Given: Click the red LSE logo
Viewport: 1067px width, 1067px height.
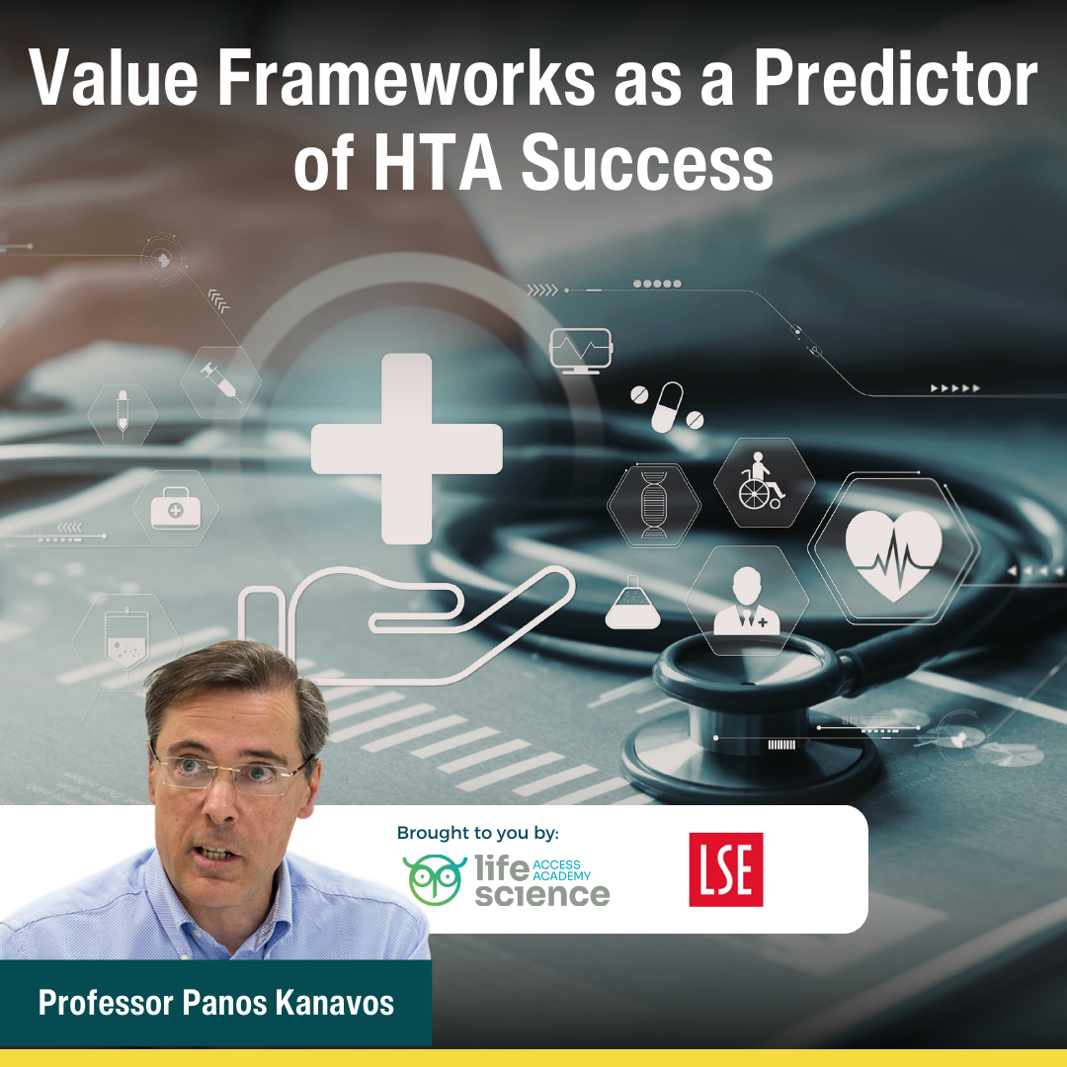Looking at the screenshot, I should pos(726,869).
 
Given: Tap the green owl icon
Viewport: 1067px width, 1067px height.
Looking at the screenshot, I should pos(435,879).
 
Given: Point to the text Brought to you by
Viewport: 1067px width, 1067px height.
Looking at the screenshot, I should pos(477,833).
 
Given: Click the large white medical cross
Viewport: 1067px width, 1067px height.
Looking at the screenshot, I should pos(407,449).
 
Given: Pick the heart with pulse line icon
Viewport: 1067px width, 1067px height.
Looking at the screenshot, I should pos(894,548).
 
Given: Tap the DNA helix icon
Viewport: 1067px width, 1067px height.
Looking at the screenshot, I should pos(653,505).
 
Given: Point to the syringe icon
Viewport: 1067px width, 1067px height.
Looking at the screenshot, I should pos(219,380).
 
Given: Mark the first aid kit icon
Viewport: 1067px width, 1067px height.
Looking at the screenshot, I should pos(175,510).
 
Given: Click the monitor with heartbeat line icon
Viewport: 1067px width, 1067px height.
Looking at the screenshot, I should pos(580,351).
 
